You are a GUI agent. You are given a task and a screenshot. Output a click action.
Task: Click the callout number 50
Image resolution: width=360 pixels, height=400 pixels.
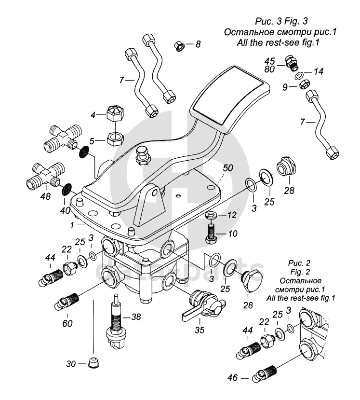(x=228, y=168)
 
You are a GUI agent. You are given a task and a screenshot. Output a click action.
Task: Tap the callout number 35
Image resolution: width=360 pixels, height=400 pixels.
(x=200, y=330)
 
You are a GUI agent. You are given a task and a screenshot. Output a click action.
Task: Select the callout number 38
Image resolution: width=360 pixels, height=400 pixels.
(x=136, y=317)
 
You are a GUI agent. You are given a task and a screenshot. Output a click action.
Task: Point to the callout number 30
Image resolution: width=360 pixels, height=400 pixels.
(x=71, y=364)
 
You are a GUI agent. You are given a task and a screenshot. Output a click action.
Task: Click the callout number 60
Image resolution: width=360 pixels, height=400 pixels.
(x=67, y=323)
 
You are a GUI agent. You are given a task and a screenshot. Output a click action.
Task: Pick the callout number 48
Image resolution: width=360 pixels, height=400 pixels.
(x=46, y=196)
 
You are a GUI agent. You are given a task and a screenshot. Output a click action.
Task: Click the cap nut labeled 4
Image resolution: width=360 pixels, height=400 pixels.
(x=114, y=114)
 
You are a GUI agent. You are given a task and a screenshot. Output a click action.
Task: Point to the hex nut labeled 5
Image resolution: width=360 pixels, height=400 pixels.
(x=114, y=139)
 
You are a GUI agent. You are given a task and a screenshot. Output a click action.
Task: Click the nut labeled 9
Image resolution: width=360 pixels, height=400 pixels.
(x=304, y=84)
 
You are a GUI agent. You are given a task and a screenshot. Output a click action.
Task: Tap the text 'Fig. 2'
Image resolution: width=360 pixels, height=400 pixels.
(x=301, y=272)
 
